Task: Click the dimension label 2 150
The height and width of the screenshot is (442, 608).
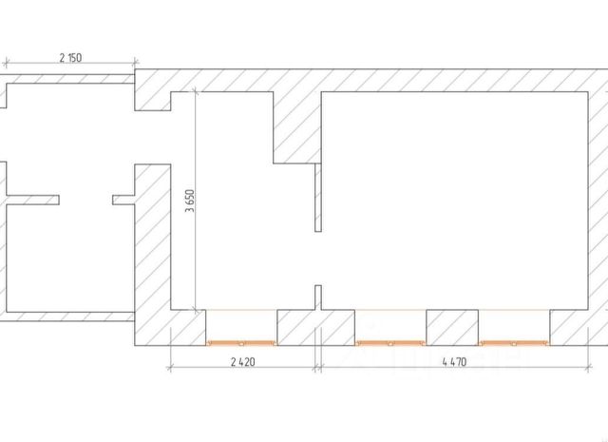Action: coord(70,58)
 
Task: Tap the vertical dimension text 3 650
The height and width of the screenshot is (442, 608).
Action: coord(190,201)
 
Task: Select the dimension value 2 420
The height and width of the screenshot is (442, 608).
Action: coord(243,362)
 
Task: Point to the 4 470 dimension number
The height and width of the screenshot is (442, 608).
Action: coord(454,362)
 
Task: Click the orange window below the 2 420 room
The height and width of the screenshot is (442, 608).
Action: coord(241,343)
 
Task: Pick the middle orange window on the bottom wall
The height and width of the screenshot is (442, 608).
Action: coord(390,343)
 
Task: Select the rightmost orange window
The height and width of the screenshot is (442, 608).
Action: coord(514,343)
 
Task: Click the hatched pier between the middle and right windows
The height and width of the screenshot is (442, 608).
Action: coord(452,328)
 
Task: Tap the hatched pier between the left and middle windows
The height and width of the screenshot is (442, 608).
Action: coord(315,328)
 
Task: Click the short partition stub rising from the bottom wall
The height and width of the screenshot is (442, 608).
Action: coord(318,298)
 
